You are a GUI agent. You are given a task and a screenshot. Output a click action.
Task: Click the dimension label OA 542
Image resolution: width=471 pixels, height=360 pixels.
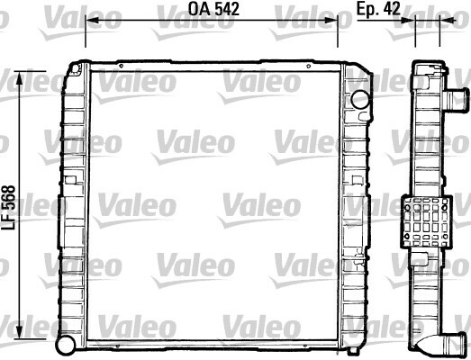point(213,9)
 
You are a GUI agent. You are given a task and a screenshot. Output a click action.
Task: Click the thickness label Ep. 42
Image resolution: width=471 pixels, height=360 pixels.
point(378,9)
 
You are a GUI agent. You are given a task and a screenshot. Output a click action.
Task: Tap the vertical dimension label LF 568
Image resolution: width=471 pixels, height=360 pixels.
point(8,208)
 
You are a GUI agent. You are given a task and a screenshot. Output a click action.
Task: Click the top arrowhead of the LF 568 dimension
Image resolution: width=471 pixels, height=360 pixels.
point(20,77)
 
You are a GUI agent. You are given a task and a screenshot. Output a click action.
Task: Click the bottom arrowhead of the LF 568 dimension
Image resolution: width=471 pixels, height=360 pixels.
point(20,333)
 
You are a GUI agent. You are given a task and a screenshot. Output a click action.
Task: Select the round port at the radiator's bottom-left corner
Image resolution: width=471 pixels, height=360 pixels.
point(66,345)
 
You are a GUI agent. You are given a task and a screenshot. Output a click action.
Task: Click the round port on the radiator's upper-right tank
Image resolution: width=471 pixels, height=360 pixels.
point(360,99)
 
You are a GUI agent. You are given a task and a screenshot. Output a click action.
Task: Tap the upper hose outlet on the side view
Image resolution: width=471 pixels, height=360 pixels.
point(456,99)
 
